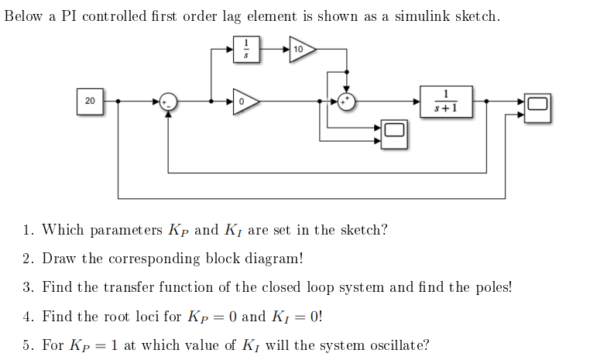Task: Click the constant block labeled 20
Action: (x=91, y=101)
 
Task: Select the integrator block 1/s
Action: (x=246, y=49)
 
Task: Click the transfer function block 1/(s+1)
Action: (x=446, y=101)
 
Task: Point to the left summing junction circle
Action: (x=168, y=101)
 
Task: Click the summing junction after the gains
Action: (x=347, y=101)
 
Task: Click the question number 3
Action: (x=27, y=287)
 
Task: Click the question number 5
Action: (x=27, y=345)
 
